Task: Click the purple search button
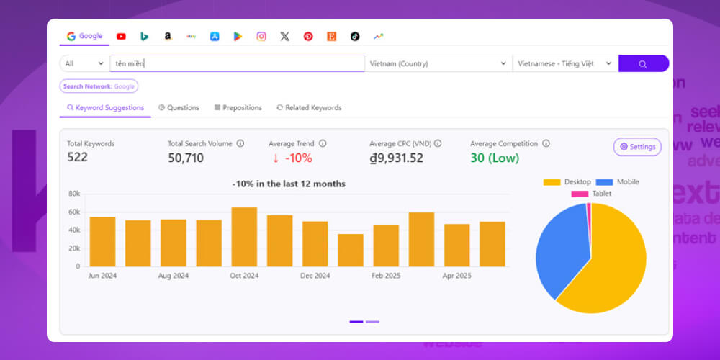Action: pos(643,63)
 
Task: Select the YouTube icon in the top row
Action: pos(121,37)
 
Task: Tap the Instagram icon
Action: pos(261,37)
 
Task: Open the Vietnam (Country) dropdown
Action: pos(438,63)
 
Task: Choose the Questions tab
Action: pos(179,107)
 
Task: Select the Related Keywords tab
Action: pos(309,107)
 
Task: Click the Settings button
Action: pos(637,147)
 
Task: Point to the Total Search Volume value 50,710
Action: pos(186,158)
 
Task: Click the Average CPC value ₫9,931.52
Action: pos(396,158)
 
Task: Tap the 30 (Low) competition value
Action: pos(495,158)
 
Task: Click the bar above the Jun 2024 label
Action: pos(102,241)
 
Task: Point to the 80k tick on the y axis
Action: pos(73,194)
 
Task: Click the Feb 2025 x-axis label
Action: pos(386,276)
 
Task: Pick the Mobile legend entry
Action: pos(617,182)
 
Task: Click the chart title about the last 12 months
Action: pos(289,184)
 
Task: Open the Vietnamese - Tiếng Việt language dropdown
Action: pos(564,63)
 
